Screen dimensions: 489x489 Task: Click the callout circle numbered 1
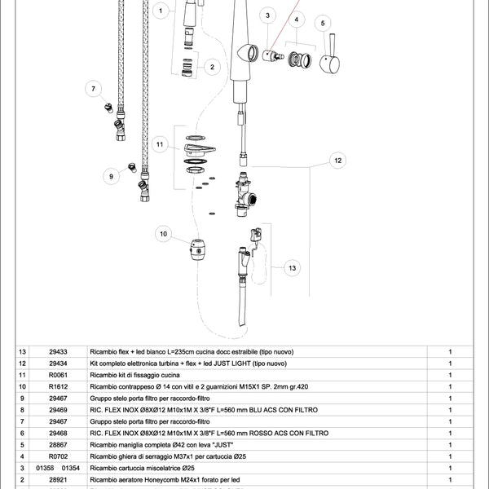point(161,11)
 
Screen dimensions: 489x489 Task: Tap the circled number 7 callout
point(93,88)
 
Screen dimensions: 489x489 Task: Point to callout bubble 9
point(110,175)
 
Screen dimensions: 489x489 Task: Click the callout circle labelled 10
point(164,235)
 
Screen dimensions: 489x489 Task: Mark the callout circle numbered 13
point(293,267)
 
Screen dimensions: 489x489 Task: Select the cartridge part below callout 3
point(269,54)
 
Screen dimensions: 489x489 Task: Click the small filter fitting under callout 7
point(108,107)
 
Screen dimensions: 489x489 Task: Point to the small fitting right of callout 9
point(130,169)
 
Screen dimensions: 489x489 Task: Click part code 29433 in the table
point(58,351)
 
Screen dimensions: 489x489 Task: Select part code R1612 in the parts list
point(58,386)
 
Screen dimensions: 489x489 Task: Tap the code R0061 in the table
point(58,375)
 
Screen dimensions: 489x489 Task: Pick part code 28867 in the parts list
point(58,445)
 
